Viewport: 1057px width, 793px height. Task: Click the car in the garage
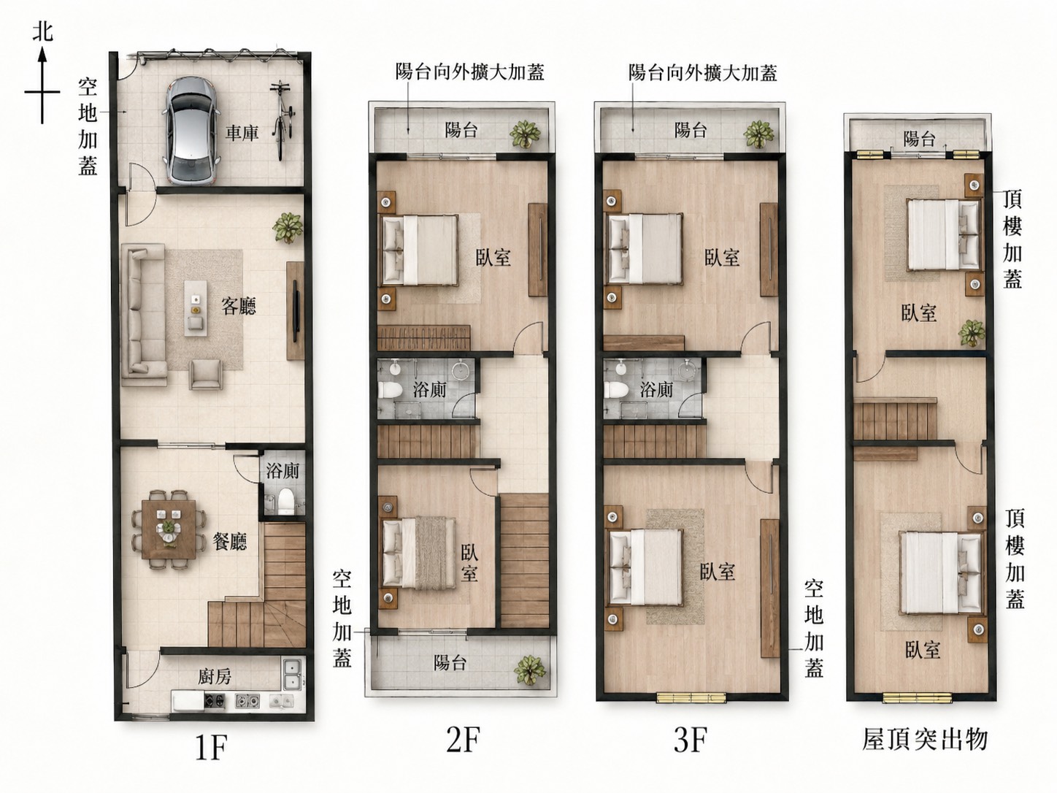pos(191,131)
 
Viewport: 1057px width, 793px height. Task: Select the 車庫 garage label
pos(242,133)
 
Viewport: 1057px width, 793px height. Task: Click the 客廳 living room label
pos(239,306)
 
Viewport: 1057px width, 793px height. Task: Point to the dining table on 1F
pos(169,528)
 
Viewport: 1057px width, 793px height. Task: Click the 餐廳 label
pos(230,542)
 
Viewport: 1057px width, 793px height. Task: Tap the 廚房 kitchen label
pos(215,677)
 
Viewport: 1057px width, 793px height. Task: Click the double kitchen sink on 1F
pos(292,675)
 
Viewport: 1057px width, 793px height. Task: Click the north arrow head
pos(42,55)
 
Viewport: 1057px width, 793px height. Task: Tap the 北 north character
pos(42,32)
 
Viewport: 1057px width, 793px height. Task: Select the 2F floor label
pos(463,740)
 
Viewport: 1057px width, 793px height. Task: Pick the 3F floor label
pos(690,740)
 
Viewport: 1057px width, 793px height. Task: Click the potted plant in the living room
pos(288,229)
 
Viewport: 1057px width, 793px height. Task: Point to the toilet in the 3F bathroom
pos(613,389)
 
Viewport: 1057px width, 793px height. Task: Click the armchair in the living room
pos(207,374)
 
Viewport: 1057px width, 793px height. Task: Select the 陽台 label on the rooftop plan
pos(919,139)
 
